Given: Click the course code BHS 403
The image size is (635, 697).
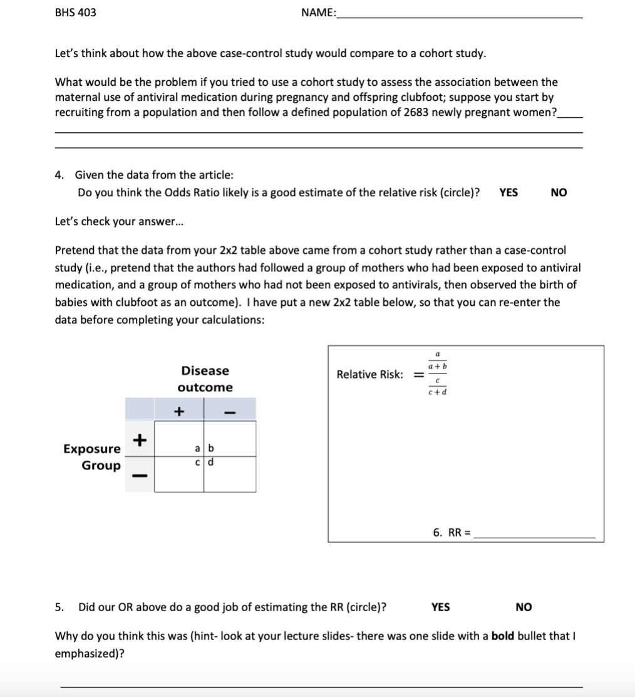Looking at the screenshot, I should (76, 13).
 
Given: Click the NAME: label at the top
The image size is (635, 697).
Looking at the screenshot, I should (318, 13).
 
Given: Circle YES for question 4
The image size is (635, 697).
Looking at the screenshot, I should (509, 193).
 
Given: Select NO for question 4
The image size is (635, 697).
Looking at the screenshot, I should (559, 193).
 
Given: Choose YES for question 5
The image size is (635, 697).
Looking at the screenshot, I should (440, 607).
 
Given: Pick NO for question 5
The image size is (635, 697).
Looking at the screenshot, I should (524, 607).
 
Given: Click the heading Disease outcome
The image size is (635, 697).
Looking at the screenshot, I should (205, 379).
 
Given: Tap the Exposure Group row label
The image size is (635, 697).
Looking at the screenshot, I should (93, 457).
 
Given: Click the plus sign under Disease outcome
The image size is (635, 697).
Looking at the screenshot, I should (179, 411).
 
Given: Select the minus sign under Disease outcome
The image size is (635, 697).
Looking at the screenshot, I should (230, 412).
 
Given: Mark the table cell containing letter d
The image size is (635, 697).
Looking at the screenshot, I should (230, 474).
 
